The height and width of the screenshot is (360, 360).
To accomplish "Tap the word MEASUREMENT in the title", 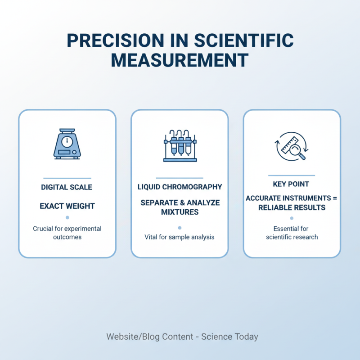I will (180, 60).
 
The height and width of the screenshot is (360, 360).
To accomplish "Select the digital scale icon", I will (67, 144).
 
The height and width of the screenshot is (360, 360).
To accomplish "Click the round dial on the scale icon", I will (67, 141).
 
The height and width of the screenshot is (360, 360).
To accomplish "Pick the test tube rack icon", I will (180, 146).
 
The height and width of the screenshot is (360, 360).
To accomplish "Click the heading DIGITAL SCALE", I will (67, 187).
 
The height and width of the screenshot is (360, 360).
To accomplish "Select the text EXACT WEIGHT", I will (67, 206).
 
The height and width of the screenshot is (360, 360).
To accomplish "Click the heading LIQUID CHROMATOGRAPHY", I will (180, 187).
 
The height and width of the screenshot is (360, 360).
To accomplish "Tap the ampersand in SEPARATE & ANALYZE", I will (182, 203).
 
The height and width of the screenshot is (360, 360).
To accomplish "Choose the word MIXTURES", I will (180, 212).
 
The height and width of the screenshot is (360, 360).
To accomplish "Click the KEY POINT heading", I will (291, 184).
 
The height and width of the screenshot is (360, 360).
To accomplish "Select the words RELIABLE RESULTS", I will (291, 207).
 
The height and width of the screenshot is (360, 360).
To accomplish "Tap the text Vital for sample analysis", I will (180, 237).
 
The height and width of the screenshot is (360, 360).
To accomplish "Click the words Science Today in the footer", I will (229, 337).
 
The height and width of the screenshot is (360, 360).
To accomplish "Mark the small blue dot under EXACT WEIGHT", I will (67, 218).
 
